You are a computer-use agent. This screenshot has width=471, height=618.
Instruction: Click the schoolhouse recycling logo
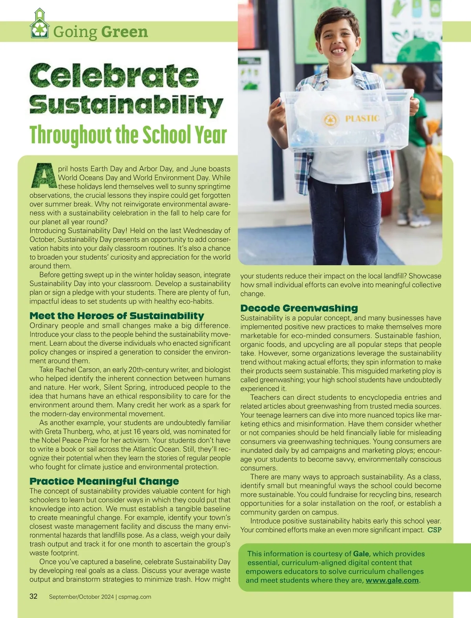pyautogui.click(x=39, y=24)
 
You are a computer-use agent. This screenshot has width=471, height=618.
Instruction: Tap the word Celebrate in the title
pyautogui.click(x=114, y=76)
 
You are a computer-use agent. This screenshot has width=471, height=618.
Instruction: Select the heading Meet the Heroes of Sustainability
pyautogui.click(x=117, y=316)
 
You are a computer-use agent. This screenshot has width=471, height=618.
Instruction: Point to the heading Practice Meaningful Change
pyautogui.click(x=104, y=481)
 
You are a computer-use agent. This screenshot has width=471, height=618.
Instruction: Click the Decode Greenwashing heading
pyautogui.click(x=299, y=308)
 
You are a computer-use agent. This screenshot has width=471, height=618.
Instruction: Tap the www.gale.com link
pyautogui.click(x=392, y=580)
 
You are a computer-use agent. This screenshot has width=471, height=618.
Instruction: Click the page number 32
pyautogui.click(x=34, y=596)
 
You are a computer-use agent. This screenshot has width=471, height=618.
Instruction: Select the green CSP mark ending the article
pyautogui.click(x=434, y=530)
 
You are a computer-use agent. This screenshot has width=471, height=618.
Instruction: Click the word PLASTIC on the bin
pyautogui.click(x=362, y=118)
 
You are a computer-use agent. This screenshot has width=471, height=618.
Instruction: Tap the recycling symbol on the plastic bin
pyautogui.click(x=330, y=120)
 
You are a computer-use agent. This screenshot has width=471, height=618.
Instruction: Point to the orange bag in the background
pyautogui.click(x=431, y=169)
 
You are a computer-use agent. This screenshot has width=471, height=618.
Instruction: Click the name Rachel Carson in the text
pyautogui.click(x=78, y=370)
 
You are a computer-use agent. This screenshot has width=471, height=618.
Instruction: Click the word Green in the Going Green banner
pyautogui.click(x=124, y=32)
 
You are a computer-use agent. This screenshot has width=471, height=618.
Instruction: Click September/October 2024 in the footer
pyautogui.click(x=81, y=597)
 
